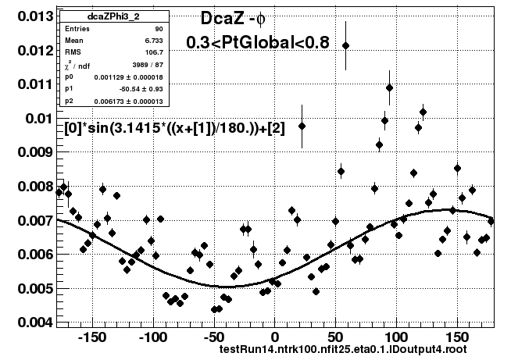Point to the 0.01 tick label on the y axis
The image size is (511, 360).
point(40,118)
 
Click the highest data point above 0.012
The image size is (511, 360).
point(346,45)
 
